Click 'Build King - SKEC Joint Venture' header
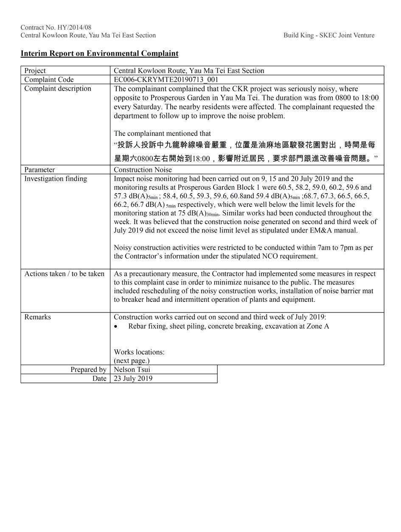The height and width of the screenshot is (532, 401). coord(329,35)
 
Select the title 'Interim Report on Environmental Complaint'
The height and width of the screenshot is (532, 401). coord(99,53)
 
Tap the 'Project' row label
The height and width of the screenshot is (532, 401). coord(35,70)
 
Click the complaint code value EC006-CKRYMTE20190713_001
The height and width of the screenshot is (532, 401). coord(166,79)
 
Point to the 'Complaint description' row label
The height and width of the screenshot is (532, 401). coord(58,88)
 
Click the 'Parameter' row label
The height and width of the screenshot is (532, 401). coord(39,169)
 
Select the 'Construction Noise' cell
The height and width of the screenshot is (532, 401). coord(143,169)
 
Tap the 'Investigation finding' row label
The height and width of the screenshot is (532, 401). coord(56,178)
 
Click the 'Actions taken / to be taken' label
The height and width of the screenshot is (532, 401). coord(64,273)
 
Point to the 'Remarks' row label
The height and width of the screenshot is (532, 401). coord(37,317)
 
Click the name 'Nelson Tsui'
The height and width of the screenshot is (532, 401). coord(132,369)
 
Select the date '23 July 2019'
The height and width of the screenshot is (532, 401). coord(133,378)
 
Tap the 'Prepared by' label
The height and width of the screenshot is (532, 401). coord(88,369)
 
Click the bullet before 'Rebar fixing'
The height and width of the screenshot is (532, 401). coord(116,326)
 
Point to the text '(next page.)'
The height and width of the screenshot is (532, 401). coord(132,360)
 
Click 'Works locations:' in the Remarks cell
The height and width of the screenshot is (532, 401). coord(139,352)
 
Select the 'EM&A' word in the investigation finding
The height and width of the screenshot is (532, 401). coord(322,230)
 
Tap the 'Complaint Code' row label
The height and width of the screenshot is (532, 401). coord(49,79)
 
